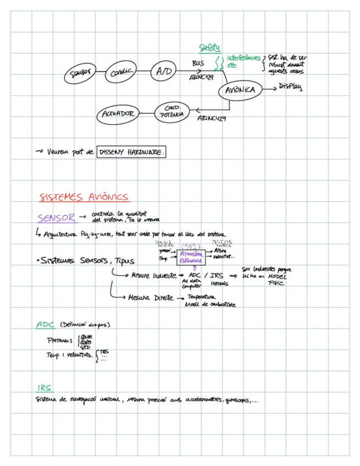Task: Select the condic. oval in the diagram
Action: [x=120, y=72]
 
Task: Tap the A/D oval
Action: [x=163, y=71]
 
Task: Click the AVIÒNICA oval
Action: [x=240, y=91]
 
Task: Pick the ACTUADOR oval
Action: [x=118, y=114]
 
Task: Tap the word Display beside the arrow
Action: [x=290, y=87]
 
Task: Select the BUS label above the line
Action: [x=198, y=64]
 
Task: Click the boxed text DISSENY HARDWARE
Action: [x=131, y=152]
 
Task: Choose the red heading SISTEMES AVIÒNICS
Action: [x=84, y=197]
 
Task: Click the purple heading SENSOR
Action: [x=56, y=218]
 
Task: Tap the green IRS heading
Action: [x=45, y=388]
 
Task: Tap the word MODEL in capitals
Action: [x=276, y=276]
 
